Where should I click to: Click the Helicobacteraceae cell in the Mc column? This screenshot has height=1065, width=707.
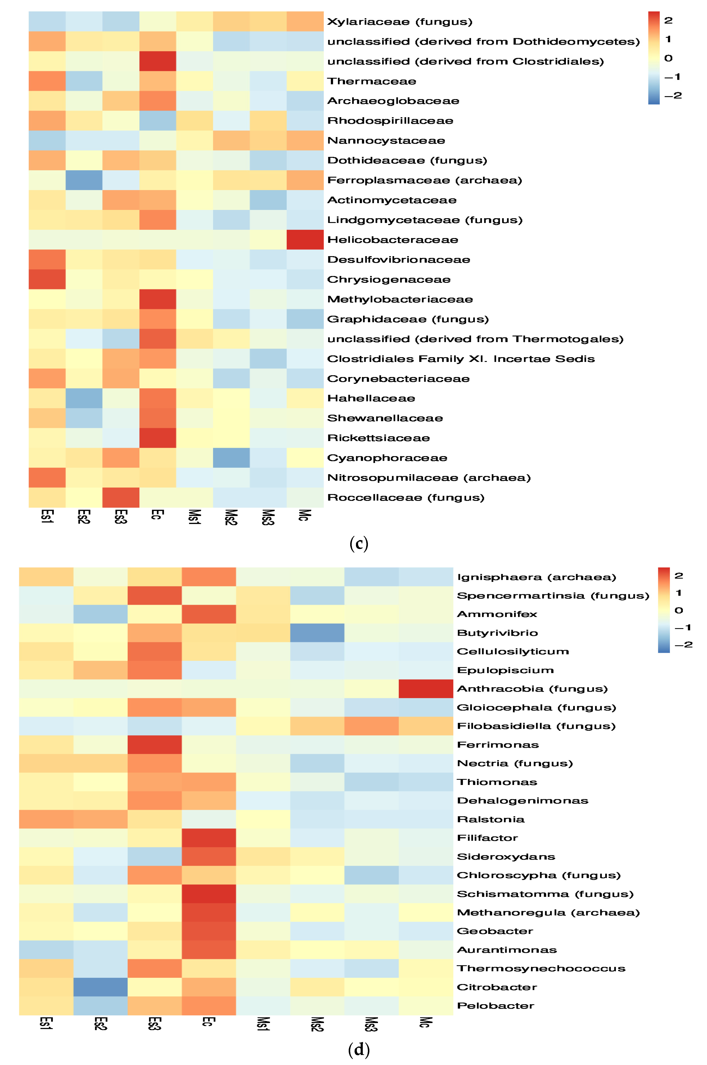pos(305,239)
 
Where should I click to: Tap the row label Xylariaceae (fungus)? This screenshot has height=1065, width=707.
pos(399,22)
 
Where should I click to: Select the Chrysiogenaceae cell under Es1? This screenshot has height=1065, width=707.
pos(47,279)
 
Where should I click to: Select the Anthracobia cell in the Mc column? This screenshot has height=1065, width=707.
pos(426,688)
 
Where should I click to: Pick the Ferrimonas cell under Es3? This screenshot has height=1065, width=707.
pos(155,744)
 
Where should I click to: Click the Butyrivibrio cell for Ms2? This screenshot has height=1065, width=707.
pos(317,633)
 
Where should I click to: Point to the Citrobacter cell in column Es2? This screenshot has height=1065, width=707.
pos(100,987)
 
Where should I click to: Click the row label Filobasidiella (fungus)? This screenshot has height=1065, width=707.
pos(536,726)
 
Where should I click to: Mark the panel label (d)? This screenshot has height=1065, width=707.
pos(359,1050)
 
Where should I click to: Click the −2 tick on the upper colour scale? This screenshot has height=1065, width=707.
pos(673,96)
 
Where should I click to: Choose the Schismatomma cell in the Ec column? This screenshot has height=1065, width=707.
pos(209,894)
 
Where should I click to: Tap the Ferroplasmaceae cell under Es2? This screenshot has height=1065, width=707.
pos(84,180)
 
